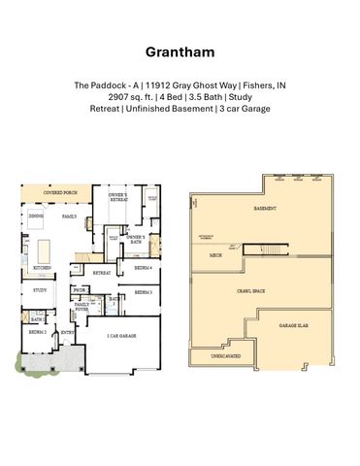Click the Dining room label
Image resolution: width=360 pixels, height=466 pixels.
click(x=36, y=216)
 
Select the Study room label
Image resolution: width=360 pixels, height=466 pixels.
click(x=40, y=290)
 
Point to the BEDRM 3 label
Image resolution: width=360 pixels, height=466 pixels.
click(x=143, y=292)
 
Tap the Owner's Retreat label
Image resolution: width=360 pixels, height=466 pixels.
click(x=117, y=200)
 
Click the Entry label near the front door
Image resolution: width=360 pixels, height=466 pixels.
click(x=67, y=332)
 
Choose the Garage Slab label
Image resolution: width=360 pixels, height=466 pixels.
click(x=293, y=325)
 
